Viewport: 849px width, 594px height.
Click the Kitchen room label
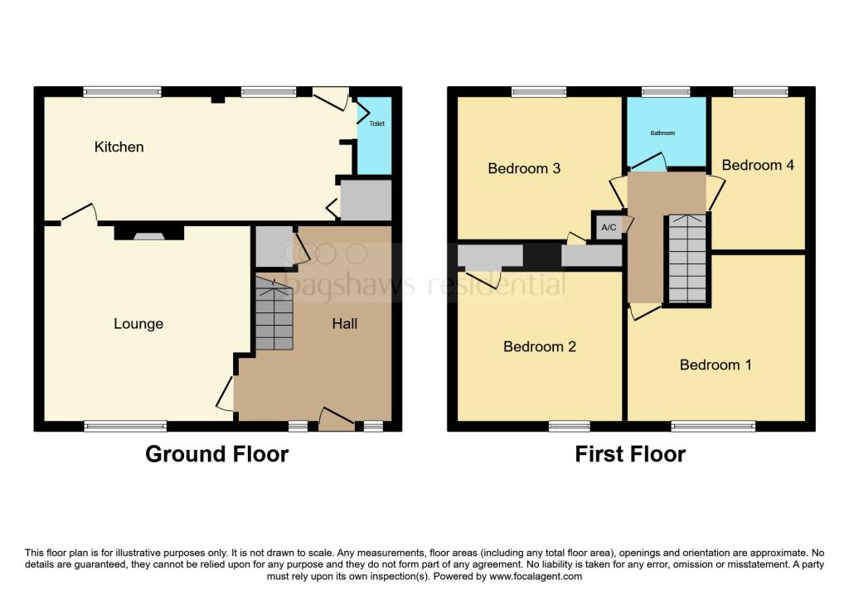pyautogui.click(x=119, y=147)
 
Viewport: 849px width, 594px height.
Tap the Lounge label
pyautogui.click(x=138, y=324)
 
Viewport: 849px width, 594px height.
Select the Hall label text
pyautogui.click(x=345, y=324)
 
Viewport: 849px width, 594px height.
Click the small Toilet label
pyautogui.click(x=377, y=123)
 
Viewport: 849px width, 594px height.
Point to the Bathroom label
pyautogui.click(x=662, y=133)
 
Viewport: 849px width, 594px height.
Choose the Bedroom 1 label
pyautogui.click(x=716, y=365)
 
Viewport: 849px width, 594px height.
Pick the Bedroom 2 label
pyautogui.click(x=540, y=347)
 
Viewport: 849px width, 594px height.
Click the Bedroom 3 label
pyautogui.click(x=524, y=168)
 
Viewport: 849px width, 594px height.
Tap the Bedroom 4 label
pyautogui.click(x=758, y=165)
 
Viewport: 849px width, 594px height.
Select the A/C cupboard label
pyautogui.click(x=609, y=227)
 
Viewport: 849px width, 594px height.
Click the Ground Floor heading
pyautogui.click(x=217, y=454)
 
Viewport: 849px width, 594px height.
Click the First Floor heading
pyautogui.click(x=631, y=454)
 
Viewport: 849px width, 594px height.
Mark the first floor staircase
pyautogui.click(x=687, y=259)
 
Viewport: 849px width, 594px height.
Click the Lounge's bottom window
pyautogui.click(x=125, y=427)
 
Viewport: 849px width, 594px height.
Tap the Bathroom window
pyautogui.click(x=666, y=91)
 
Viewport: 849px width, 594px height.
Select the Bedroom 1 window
pyautogui.click(x=713, y=427)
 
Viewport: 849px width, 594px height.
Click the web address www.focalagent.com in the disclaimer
pyautogui.click(x=536, y=577)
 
